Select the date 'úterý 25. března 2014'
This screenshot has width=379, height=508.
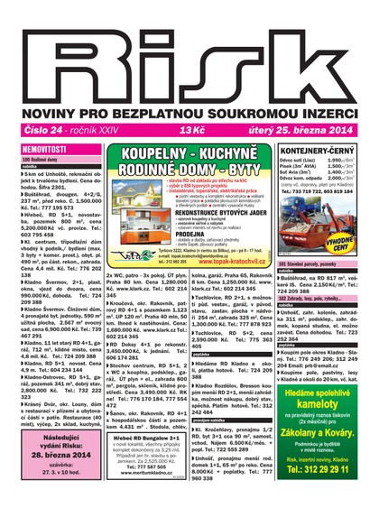click(x=309, y=128)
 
